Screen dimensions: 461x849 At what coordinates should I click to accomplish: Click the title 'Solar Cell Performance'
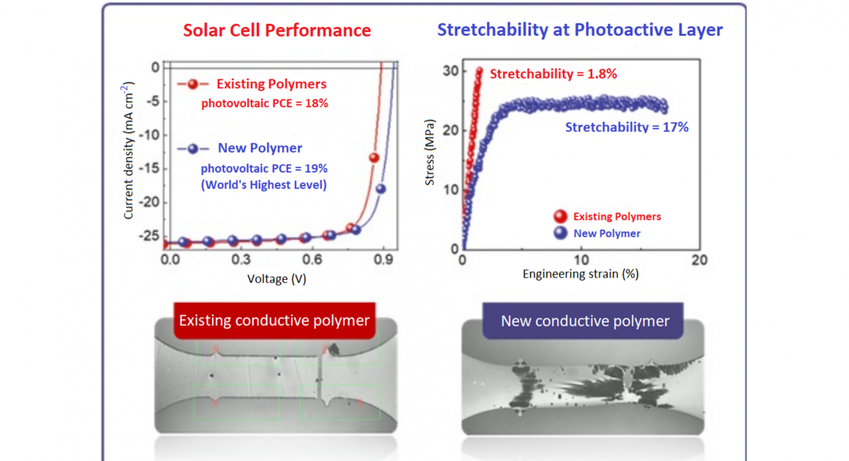pyautogui.click(x=277, y=31)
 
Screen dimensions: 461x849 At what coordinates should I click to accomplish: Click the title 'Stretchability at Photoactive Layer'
pyautogui.click(x=580, y=31)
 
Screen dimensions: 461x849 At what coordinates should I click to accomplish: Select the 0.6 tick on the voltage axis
pyautogui.click(x=312, y=260)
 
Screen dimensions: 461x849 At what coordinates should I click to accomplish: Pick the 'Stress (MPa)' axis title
pyautogui.click(x=430, y=153)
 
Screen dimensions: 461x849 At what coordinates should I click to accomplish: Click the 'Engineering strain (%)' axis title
pyautogui.click(x=580, y=274)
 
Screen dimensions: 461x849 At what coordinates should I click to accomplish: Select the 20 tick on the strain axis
pyautogui.click(x=699, y=260)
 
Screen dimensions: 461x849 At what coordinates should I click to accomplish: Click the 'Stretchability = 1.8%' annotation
pyautogui.click(x=553, y=74)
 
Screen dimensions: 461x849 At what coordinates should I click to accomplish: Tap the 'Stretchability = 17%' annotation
pyautogui.click(x=626, y=127)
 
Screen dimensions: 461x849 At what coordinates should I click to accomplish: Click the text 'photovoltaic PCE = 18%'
pyautogui.click(x=264, y=103)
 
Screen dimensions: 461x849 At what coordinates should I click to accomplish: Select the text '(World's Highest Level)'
pyautogui.click(x=264, y=185)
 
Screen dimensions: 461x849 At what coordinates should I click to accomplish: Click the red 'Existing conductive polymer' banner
pyautogui.click(x=274, y=321)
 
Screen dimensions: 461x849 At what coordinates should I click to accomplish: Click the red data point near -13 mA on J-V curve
pyautogui.click(x=374, y=157)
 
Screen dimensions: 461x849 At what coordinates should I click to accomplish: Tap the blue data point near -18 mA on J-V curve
pyautogui.click(x=381, y=188)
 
